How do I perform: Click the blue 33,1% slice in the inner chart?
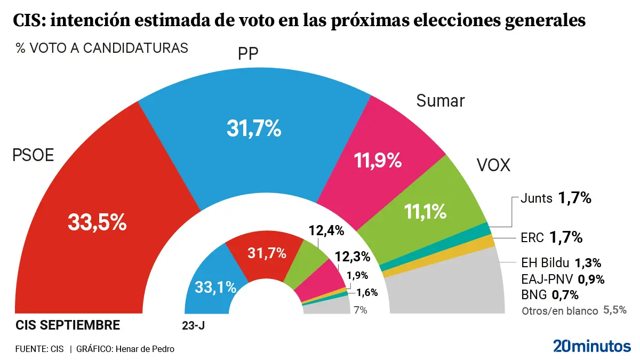(213, 287)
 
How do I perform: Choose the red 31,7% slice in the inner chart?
(267, 253)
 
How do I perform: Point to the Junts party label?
(535, 198)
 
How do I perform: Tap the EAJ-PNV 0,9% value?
(591, 279)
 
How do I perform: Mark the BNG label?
(533, 294)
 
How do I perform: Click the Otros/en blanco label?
(559, 310)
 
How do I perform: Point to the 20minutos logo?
(591, 346)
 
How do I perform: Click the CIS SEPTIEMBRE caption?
(68, 325)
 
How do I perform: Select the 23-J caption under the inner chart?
(194, 325)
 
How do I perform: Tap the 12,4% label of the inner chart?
(326, 231)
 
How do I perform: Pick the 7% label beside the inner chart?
(361, 310)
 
